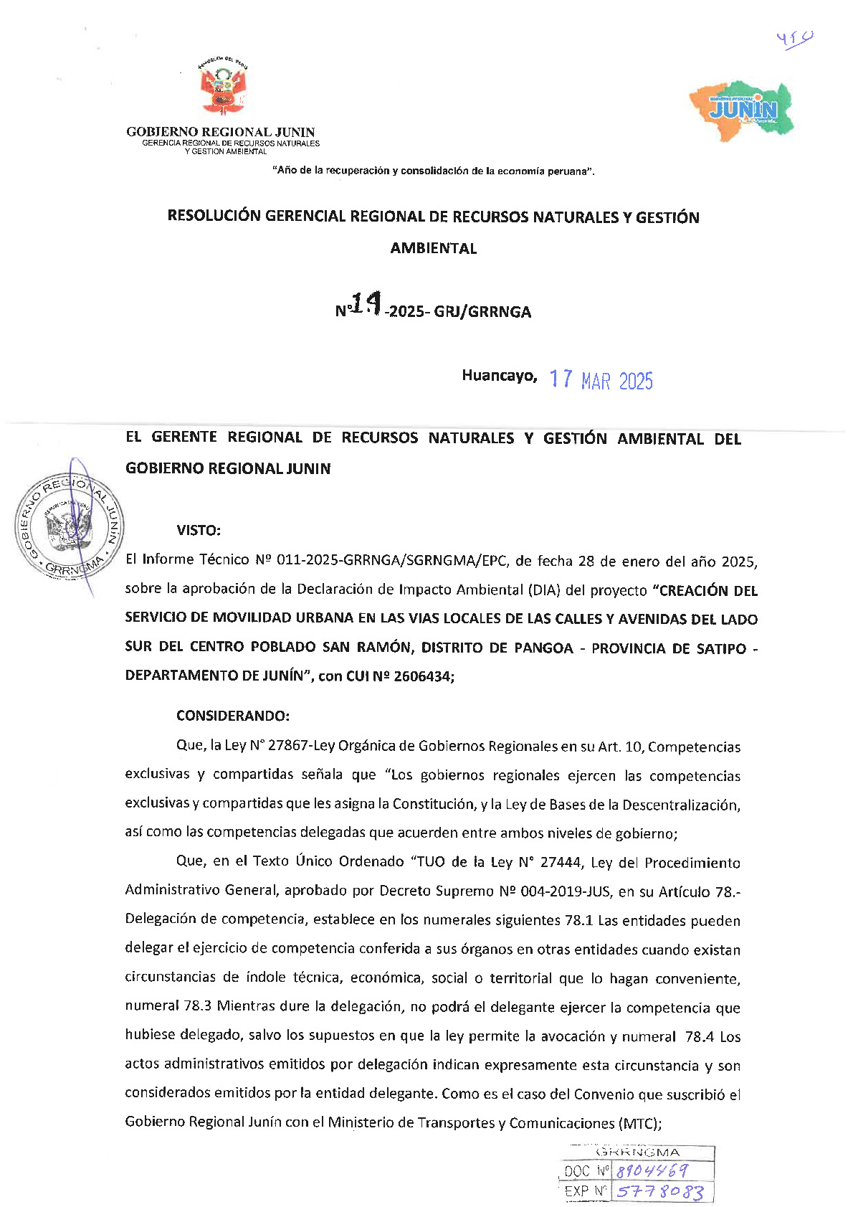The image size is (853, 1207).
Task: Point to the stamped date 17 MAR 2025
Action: click(x=601, y=380)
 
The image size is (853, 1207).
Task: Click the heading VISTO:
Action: click(x=199, y=531)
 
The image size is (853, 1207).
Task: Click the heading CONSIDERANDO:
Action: click(x=233, y=716)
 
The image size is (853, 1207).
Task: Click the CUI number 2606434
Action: click(x=424, y=676)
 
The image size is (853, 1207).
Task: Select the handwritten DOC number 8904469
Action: click(x=652, y=1171)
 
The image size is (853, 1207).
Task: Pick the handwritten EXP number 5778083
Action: click(x=659, y=1192)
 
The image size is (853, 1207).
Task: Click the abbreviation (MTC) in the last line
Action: click(x=638, y=1123)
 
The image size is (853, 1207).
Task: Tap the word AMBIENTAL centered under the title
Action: click(x=434, y=249)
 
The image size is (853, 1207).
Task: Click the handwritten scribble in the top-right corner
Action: click(x=794, y=38)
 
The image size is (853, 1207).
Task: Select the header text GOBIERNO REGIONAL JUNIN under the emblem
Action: click(x=221, y=132)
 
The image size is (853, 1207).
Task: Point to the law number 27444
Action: click(x=561, y=863)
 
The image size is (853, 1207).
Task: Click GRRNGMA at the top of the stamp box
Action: click(x=638, y=1152)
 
